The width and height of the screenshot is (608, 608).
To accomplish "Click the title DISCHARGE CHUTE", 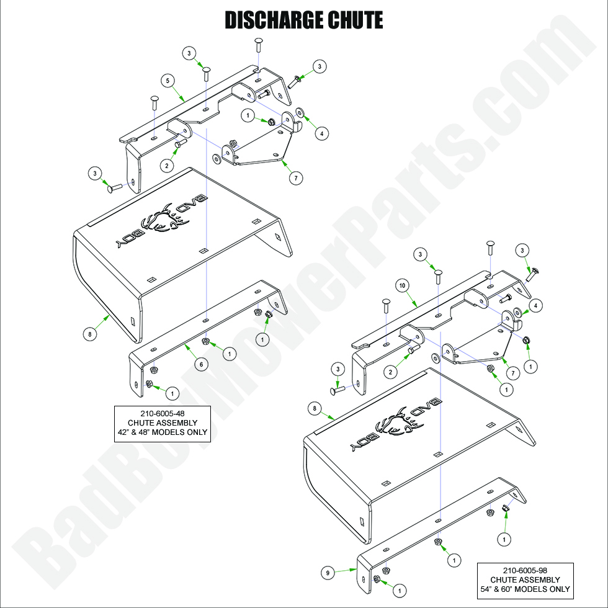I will tap(303, 20).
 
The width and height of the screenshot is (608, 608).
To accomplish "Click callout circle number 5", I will tap(166, 80).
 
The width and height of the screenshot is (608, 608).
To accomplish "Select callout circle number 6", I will tap(200, 365).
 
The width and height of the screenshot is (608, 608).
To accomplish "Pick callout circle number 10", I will tap(402, 285).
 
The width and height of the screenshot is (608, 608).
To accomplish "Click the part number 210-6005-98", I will tap(525, 571).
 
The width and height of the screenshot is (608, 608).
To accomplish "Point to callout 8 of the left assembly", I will tap(91, 333).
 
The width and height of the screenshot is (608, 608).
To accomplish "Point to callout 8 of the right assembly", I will tap(316, 408).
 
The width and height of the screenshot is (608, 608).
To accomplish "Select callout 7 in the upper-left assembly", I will tap(295, 177).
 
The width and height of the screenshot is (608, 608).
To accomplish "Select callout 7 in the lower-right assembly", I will tap(512, 372).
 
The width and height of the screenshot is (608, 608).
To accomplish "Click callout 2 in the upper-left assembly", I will tap(166, 165).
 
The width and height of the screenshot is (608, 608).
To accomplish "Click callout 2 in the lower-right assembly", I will tap(390, 372).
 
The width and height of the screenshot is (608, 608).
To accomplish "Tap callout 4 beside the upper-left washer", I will tap(321, 132).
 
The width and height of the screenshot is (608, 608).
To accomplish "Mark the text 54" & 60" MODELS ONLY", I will tap(525, 589).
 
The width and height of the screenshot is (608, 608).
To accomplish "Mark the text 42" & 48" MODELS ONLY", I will tap(163, 432).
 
